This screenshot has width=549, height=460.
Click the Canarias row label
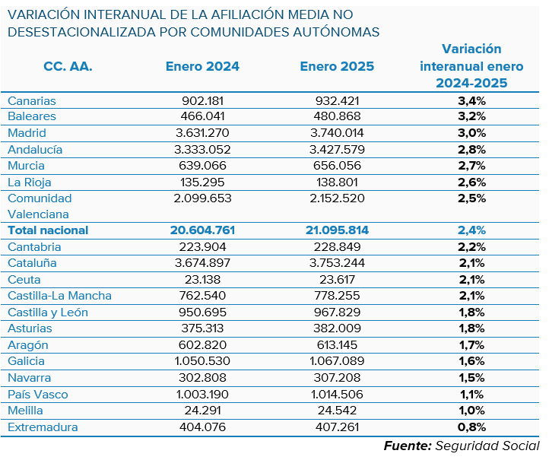click(x=32, y=100)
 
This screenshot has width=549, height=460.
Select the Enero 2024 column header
click(x=202, y=66)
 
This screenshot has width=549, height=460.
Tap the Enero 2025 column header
click(x=337, y=66)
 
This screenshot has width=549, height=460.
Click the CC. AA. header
click(x=68, y=66)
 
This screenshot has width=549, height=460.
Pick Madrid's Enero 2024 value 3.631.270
click(x=202, y=133)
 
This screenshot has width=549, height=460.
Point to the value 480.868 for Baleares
click(x=337, y=116)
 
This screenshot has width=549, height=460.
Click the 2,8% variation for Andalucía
click(x=471, y=149)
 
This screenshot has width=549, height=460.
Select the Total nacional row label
click(x=48, y=230)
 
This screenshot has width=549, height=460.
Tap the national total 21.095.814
click(x=337, y=230)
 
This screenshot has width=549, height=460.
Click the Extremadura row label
click(x=43, y=427)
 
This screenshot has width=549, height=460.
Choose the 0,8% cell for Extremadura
click(x=471, y=427)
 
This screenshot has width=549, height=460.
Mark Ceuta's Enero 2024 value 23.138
click(x=202, y=279)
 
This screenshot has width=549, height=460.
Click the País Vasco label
click(x=38, y=394)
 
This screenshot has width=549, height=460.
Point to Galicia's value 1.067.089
click(x=337, y=361)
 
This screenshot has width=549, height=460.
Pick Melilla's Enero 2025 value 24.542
click(x=337, y=411)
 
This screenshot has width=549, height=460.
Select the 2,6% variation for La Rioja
click(x=471, y=182)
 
